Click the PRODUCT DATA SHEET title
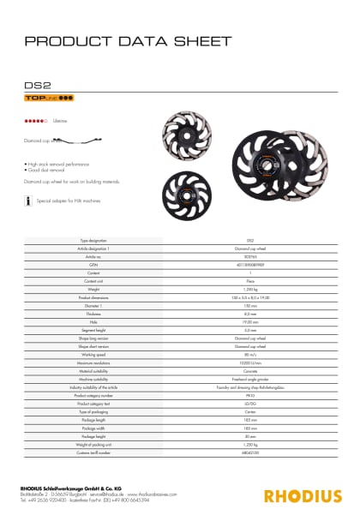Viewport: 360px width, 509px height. (x=128, y=41)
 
